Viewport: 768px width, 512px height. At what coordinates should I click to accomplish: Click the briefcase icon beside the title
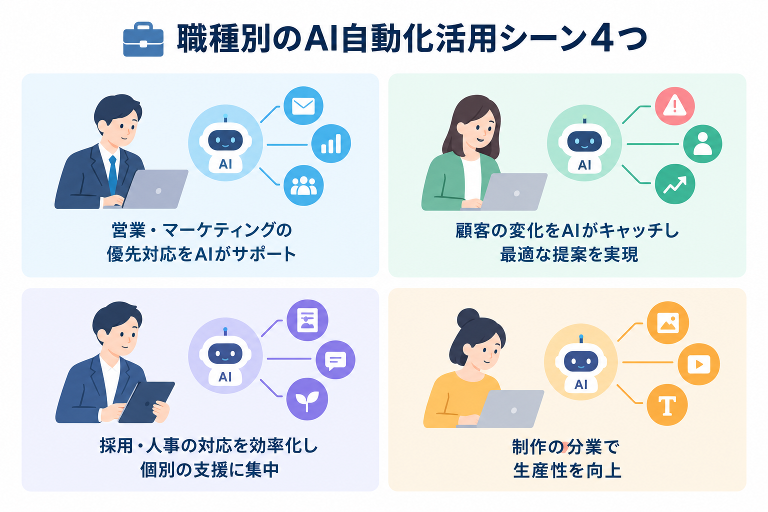click(143, 39)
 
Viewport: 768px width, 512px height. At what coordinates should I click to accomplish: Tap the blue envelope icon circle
click(303, 105)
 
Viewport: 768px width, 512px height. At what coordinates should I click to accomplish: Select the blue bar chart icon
click(331, 143)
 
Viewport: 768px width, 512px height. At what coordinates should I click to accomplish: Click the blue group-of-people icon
click(303, 185)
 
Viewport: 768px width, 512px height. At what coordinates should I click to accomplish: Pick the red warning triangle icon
click(674, 106)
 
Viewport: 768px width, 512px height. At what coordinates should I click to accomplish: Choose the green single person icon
click(702, 143)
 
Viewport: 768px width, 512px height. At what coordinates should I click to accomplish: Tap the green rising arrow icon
click(674, 184)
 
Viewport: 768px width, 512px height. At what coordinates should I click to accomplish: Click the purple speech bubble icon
click(335, 359)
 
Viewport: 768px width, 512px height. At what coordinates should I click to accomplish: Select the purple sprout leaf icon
click(307, 399)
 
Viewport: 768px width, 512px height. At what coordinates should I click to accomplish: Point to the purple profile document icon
click(307, 320)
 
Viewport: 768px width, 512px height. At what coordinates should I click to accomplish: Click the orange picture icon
click(668, 322)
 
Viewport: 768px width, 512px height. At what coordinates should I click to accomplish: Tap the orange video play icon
click(698, 364)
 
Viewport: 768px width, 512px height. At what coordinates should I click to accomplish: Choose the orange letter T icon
click(667, 405)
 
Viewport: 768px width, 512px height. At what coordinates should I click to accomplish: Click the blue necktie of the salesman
click(112, 175)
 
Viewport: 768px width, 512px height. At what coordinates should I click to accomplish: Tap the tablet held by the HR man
click(146, 402)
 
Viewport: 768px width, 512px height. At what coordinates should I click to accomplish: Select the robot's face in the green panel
click(584, 141)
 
